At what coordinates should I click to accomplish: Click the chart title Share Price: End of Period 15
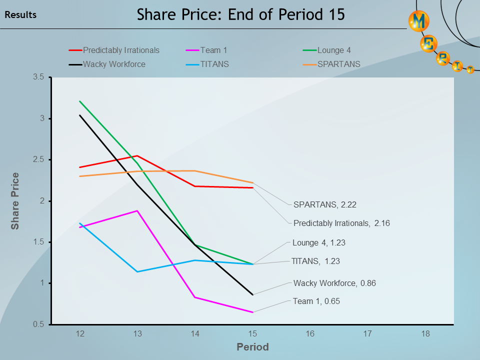(x=241, y=14)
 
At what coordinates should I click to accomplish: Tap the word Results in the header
(x=20, y=15)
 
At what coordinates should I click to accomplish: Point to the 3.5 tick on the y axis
(x=39, y=77)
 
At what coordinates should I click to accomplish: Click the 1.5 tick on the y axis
(x=39, y=242)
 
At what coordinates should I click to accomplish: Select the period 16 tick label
(x=310, y=333)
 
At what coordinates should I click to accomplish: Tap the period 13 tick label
(x=137, y=333)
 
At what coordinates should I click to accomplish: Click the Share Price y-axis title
(x=15, y=201)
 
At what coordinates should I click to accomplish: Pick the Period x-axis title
(x=252, y=347)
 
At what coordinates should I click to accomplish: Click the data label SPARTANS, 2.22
(x=324, y=204)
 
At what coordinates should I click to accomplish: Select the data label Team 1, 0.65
(x=316, y=301)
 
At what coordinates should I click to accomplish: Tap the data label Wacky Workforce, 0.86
(x=334, y=283)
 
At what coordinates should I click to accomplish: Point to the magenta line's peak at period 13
(x=137, y=211)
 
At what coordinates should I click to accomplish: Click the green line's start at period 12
(x=80, y=101)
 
